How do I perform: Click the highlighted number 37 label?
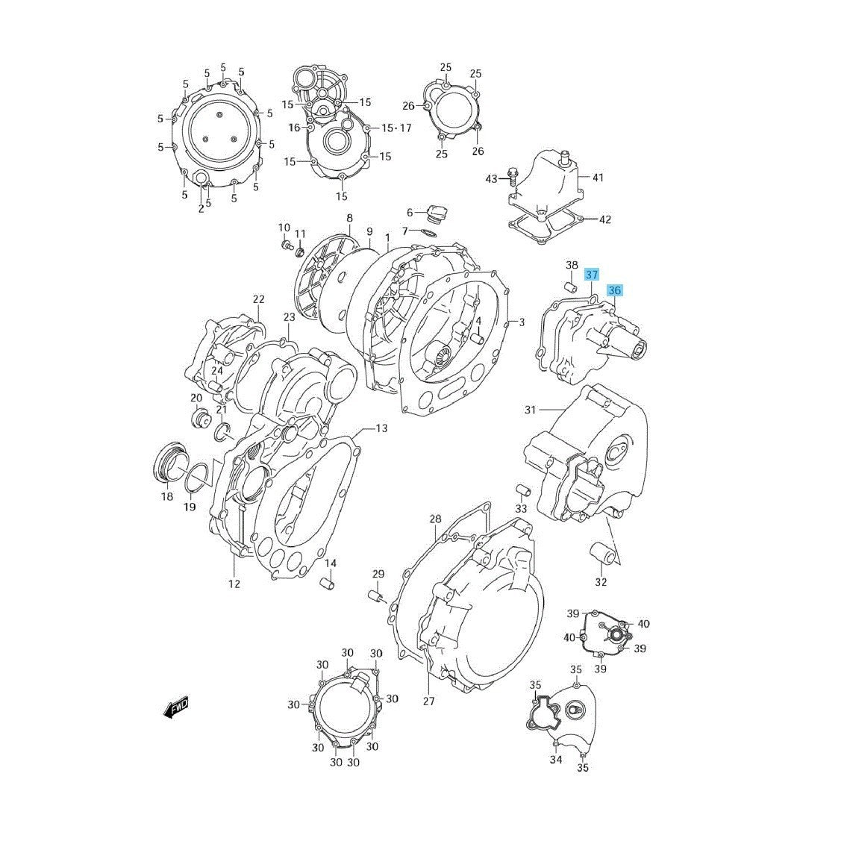coord(591,275)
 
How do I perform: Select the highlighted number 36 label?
coord(614,290)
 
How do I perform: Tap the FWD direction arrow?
coord(176,707)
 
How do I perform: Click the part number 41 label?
coord(598,178)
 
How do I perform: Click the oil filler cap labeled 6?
coord(436,213)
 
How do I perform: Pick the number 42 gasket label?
coord(604,219)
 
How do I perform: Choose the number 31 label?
coord(530,410)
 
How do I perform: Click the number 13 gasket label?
coord(381,428)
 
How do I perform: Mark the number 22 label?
coord(258,300)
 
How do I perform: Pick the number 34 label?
coord(555,760)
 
